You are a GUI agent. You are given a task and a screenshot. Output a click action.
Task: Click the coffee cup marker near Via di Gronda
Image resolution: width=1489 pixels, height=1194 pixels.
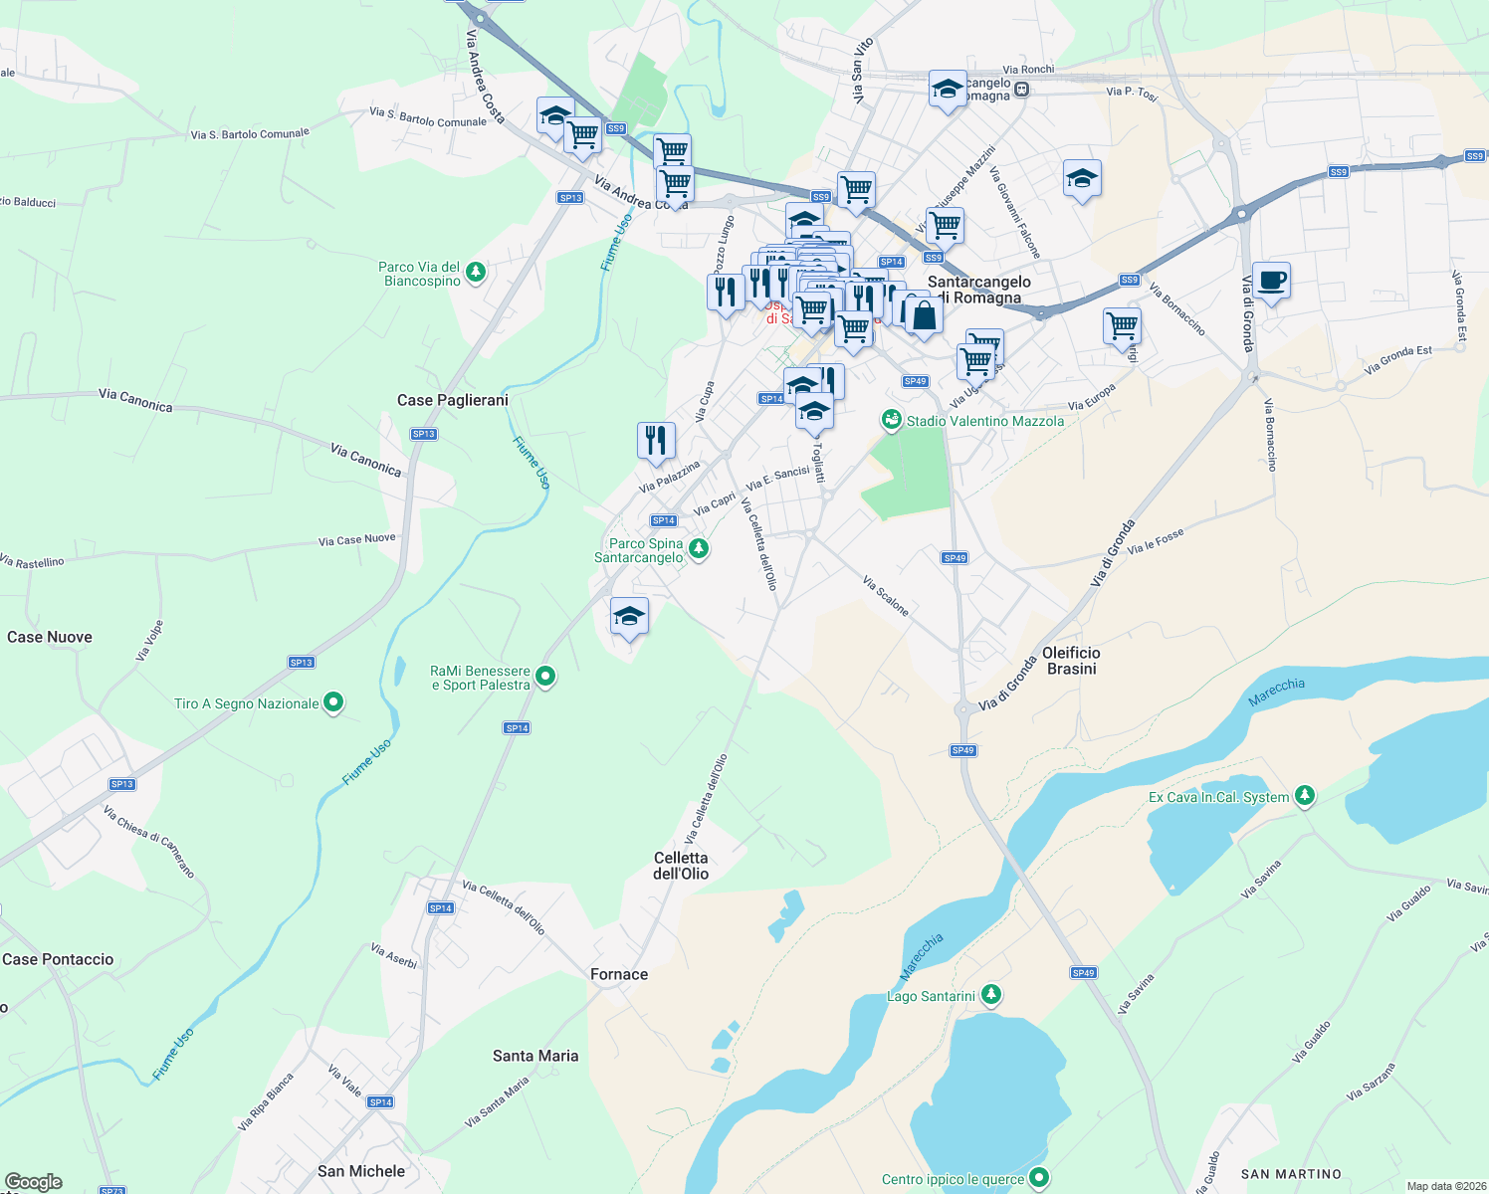click(x=1271, y=282)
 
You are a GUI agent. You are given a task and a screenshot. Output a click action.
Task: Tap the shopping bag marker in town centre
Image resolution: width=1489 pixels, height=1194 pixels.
click(x=924, y=317)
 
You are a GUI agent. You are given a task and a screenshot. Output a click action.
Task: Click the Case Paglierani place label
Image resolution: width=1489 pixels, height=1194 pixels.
click(x=452, y=400)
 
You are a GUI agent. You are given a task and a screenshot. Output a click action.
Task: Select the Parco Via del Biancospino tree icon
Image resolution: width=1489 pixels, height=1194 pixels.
click(x=476, y=272)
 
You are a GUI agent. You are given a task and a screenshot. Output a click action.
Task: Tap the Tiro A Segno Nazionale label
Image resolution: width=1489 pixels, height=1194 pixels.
click(x=247, y=703)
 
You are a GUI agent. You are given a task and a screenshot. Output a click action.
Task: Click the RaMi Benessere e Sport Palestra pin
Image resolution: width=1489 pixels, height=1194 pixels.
click(x=545, y=678)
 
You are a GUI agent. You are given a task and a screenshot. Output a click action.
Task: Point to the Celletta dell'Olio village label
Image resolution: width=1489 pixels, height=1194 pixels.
click(x=681, y=866)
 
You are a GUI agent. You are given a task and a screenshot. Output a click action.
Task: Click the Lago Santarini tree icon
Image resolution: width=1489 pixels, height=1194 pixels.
click(x=990, y=994)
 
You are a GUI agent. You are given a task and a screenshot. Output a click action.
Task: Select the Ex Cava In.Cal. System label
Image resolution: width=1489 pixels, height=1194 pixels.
click(x=1218, y=797)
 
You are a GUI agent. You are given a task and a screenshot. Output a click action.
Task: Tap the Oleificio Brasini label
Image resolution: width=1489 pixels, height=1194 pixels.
click(x=1071, y=661)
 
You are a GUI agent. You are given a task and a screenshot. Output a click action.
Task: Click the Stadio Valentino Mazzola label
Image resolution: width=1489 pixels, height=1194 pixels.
click(x=984, y=421)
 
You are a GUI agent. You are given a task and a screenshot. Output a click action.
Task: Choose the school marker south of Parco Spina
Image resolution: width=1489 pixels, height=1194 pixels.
click(x=629, y=617)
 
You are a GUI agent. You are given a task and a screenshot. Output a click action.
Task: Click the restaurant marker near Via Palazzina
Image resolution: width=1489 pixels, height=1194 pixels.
click(x=656, y=440)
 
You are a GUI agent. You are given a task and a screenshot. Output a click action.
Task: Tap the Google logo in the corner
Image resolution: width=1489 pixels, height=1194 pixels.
click(x=33, y=1182)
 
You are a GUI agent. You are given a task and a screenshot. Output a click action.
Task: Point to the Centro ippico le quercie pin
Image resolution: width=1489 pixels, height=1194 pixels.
click(x=1039, y=1179)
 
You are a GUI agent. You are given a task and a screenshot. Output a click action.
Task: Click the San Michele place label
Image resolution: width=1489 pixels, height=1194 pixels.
click(x=360, y=1171)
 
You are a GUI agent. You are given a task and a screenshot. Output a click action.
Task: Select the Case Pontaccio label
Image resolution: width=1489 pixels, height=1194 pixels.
click(x=58, y=959)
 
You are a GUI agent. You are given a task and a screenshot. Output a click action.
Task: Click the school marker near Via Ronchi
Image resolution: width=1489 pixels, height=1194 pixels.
click(x=948, y=90)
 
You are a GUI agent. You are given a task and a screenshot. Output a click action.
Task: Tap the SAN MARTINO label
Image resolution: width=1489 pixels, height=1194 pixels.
click(x=1291, y=1174)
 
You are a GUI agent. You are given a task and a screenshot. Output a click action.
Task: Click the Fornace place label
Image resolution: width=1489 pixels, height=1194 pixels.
click(x=619, y=974)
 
